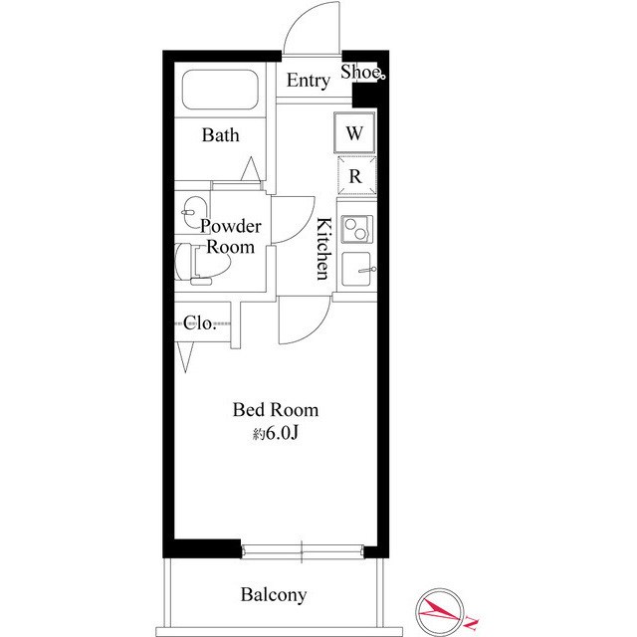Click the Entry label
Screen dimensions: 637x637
pyautogui.click(x=308, y=82)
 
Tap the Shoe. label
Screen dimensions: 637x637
pyautogui.click(x=362, y=72)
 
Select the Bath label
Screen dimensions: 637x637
pyautogui.click(x=220, y=135)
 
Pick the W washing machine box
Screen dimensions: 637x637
pyautogui.click(x=355, y=132)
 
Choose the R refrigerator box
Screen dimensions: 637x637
pyautogui.click(x=355, y=176)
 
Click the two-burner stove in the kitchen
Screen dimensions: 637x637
pyautogui.click(x=355, y=228)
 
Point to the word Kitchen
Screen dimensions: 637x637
pyautogui.click(x=322, y=249)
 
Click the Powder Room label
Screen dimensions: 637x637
pyautogui.click(x=231, y=236)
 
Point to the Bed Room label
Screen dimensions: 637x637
pyautogui.click(x=276, y=409)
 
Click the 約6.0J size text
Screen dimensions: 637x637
pyautogui.click(x=276, y=434)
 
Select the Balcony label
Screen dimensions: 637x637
pyautogui.click(x=274, y=595)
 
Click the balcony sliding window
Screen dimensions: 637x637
pyautogui.click(x=302, y=549)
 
